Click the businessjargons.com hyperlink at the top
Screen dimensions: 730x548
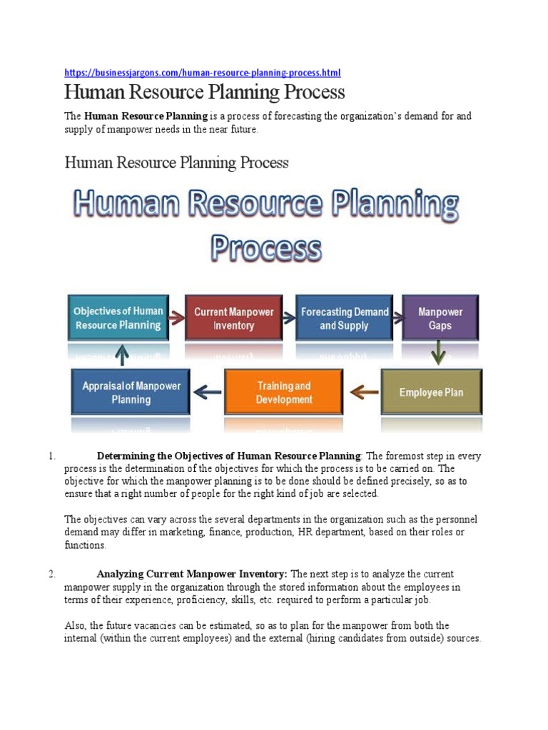pos(203,73)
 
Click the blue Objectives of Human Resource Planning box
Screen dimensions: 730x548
pos(118,318)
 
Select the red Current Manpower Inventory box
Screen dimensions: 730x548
pos(233,318)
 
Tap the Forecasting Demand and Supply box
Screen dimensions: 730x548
pos(344,318)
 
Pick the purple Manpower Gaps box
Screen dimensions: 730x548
pos(440,318)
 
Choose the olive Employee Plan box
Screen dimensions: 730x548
pos(431,392)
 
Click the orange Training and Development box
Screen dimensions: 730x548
pos(283,392)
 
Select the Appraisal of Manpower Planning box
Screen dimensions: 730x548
pos(131,392)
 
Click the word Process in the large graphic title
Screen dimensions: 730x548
pos(265,250)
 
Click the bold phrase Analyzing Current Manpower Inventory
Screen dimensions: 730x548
pos(192,574)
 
